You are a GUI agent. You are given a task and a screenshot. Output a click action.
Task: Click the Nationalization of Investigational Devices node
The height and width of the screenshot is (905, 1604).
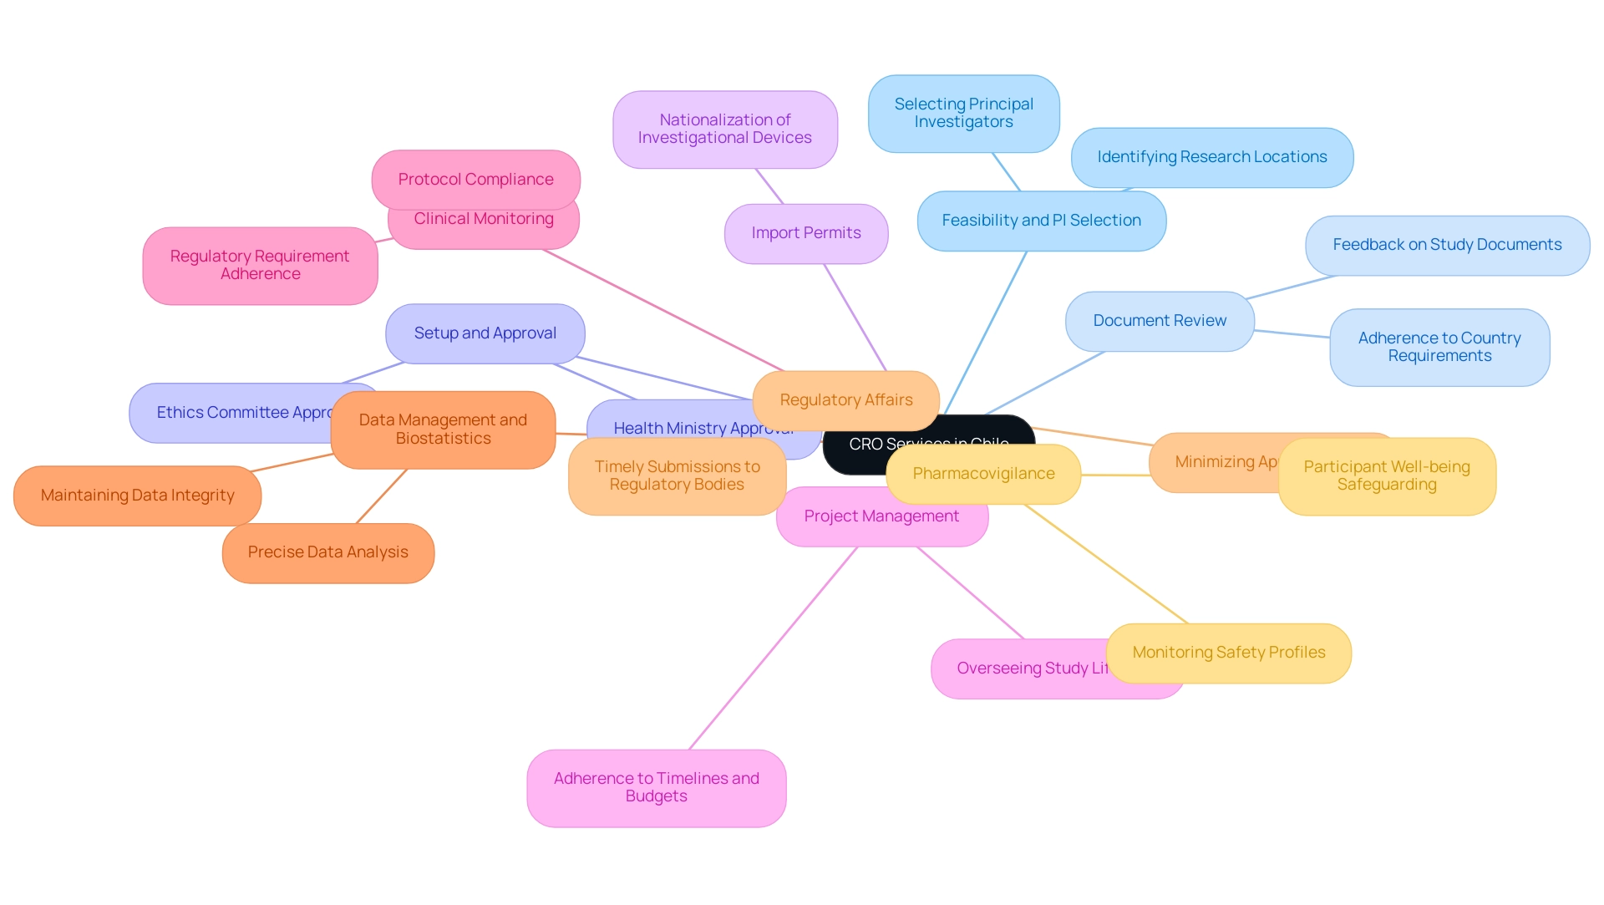[724, 130]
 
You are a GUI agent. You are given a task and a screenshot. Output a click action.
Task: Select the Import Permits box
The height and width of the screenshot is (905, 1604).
[805, 233]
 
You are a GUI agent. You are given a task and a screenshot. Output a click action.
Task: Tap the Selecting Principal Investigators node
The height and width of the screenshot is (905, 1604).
[963, 114]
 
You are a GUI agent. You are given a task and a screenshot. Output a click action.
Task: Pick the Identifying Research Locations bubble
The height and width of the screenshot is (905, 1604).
[1211, 157]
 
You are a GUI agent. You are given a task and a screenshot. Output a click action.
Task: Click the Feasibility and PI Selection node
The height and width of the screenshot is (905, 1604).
[1041, 221]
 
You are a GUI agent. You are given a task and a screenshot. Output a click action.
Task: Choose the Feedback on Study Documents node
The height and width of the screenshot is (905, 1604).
[1446, 245]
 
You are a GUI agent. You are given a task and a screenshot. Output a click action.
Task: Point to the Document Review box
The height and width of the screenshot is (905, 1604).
[1159, 321]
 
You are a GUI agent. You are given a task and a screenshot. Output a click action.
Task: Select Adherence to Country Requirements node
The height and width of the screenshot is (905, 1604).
[1439, 347]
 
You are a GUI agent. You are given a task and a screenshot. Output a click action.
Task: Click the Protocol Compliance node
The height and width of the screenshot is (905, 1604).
[475, 178]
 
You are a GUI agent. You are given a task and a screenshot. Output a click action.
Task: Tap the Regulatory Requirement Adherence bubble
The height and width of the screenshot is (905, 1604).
[260, 265]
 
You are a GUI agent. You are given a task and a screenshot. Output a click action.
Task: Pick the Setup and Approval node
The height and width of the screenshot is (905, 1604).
[485, 333]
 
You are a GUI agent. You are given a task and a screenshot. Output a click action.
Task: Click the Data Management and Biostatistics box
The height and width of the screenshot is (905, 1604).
[443, 429]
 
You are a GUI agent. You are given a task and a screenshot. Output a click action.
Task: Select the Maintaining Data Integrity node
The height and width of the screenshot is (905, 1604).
[137, 496]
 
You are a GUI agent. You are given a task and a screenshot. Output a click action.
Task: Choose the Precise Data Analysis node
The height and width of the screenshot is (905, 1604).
[327, 552]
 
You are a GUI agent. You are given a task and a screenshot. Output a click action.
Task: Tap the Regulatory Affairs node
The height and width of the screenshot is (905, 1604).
[845, 400]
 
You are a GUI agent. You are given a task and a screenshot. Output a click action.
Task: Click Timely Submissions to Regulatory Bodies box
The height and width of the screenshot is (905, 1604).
[677, 475]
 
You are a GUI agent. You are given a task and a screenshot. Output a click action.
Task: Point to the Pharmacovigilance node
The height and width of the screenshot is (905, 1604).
[982, 474]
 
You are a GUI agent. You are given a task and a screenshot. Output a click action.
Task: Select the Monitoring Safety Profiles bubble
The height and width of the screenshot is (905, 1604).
[1228, 653]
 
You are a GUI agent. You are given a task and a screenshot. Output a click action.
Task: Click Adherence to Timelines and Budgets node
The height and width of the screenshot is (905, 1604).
[656, 787]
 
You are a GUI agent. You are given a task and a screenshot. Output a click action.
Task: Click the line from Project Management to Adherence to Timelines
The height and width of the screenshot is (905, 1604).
[773, 648]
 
